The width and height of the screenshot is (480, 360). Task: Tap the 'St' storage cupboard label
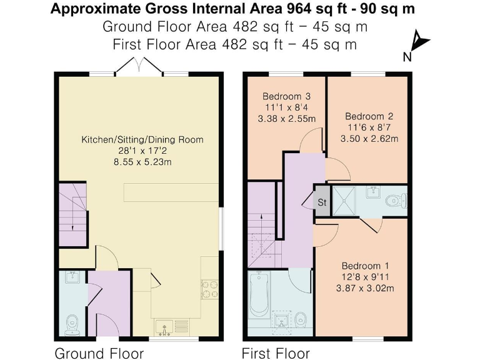pyautogui.click(x=322, y=202)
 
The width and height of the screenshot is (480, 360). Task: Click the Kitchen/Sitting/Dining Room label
pyautogui.click(x=142, y=139)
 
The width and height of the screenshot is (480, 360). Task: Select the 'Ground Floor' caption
pyautogui.click(x=99, y=353)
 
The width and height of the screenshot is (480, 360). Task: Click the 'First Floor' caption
pyautogui.click(x=276, y=353)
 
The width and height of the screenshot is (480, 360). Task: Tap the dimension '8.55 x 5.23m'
pyautogui.click(x=142, y=162)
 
